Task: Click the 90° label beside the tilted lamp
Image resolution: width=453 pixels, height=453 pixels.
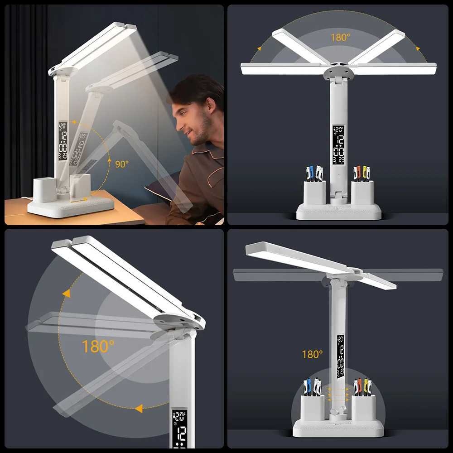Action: [x=121, y=164]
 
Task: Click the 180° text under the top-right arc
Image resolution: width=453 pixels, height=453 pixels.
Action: [x=340, y=37]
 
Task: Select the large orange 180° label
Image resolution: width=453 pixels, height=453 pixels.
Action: [x=98, y=347]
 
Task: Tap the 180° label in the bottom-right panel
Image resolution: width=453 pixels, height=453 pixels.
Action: [x=312, y=354]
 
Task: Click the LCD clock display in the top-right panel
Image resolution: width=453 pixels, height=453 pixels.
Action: [x=338, y=145]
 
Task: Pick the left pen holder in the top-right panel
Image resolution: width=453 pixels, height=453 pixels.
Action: [x=314, y=193]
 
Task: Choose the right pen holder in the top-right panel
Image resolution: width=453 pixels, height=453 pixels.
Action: [x=362, y=193]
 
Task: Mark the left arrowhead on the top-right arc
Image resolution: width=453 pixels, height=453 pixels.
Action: [x=260, y=47]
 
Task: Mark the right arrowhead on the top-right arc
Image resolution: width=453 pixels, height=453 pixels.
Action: [x=417, y=47]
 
